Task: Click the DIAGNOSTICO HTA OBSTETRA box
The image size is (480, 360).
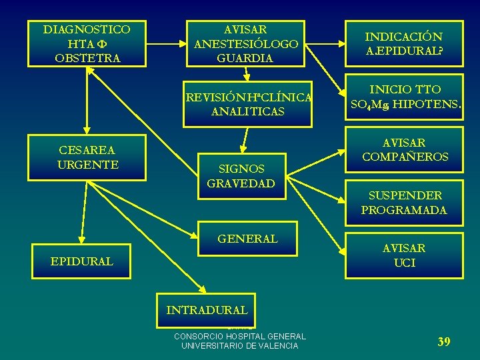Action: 87,44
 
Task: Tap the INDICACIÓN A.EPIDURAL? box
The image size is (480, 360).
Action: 404,44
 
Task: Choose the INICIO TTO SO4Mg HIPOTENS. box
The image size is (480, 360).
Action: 404,97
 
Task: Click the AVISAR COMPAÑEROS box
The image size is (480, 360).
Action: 404,150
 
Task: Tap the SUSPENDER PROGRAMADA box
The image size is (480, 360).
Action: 404,203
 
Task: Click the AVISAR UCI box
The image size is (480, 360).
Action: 404,255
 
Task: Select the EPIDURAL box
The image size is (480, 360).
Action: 81,262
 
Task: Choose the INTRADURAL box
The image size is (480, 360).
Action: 207,310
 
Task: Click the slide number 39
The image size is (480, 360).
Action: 443,342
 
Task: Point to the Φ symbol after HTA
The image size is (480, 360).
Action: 103,44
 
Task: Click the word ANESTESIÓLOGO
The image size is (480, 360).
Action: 246,44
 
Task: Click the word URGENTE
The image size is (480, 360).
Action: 88,164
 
